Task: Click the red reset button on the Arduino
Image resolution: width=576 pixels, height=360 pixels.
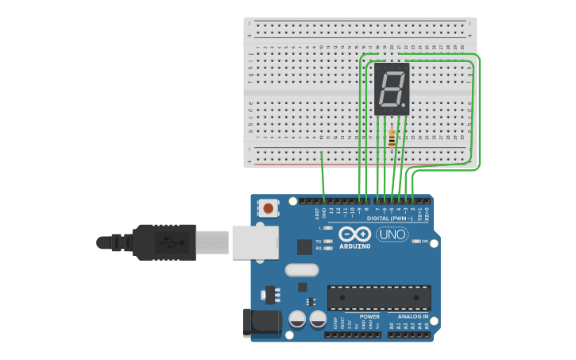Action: (269, 209)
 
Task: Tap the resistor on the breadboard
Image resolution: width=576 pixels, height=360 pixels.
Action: (392, 139)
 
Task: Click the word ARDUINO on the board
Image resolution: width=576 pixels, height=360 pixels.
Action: (354, 246)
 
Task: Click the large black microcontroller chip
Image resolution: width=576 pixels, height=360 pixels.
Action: (379, 298)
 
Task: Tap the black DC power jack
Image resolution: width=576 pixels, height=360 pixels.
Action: (261, 322)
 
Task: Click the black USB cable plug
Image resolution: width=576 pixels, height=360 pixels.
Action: (164, 242)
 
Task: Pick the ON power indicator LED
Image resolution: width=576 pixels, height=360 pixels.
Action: (416, 241)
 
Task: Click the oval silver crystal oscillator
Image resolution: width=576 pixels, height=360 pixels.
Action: (301, 270)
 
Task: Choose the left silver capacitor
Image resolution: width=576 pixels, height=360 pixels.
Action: (297, 319)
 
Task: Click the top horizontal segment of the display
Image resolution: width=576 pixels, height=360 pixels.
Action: (393, 72)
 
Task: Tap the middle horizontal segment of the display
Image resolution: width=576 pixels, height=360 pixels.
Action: (392, 88)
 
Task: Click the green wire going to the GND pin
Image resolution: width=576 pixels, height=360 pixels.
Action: (323, 175)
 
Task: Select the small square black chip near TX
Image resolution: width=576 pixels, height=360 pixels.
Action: (304, 247)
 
